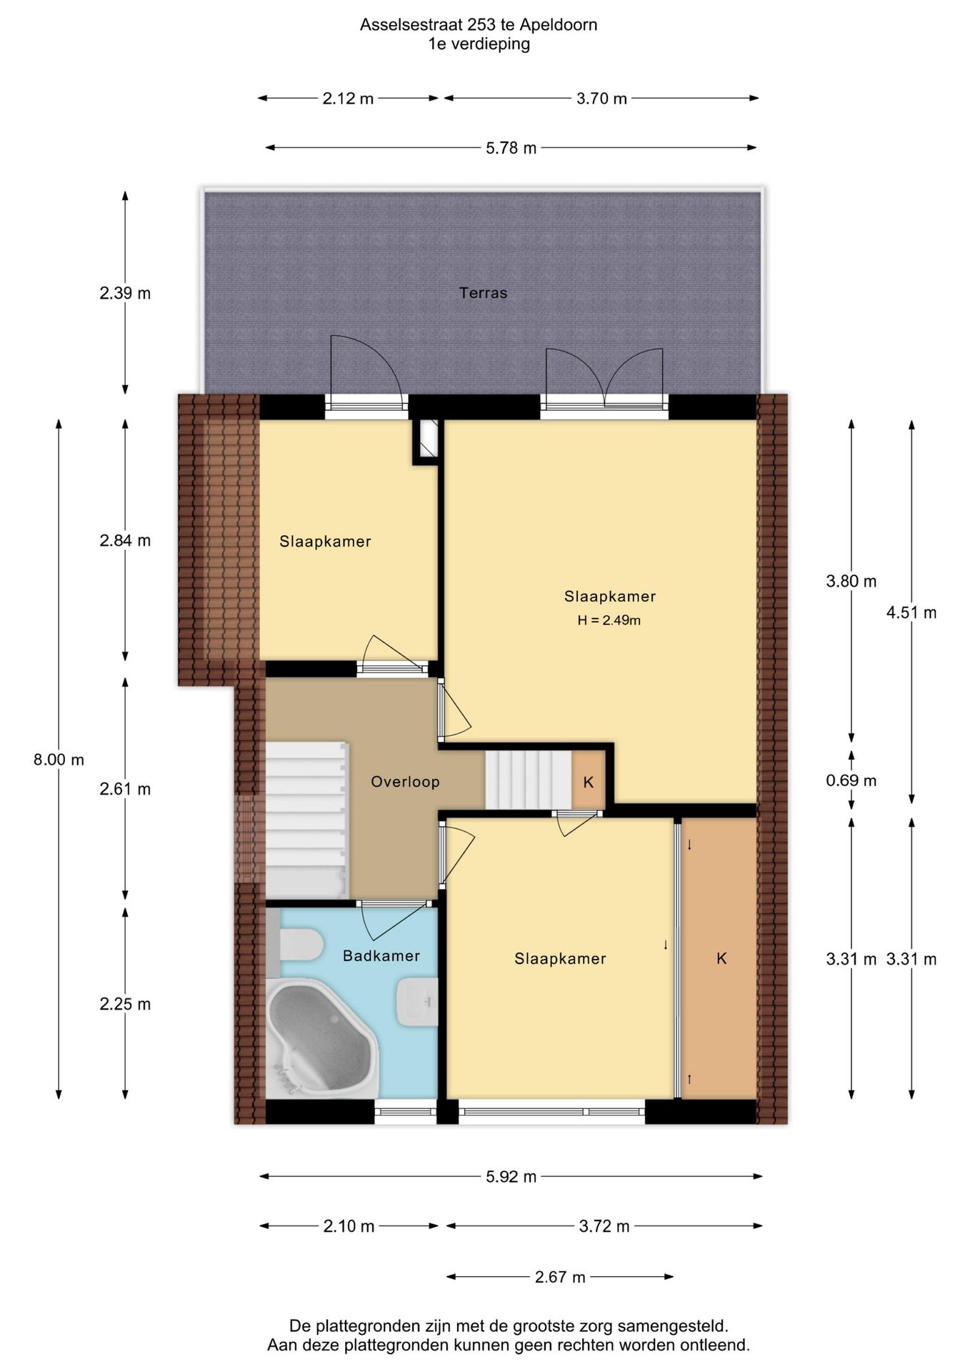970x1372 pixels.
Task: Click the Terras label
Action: pyautogui.click(x=483, y=293)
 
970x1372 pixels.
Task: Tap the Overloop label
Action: pyautogui.click(x=405, y=782)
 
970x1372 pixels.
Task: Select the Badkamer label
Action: pyautogui.click(x=381, y=956)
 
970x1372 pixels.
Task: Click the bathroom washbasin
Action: pyautogui.click(x=417, y=1002)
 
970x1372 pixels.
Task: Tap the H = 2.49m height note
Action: pyautogui.click(x=609, y=620)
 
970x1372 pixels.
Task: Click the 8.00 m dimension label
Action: pyautogui.click(x=59, y=760)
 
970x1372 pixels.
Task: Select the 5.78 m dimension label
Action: pyautogui.click(x=511, y=148)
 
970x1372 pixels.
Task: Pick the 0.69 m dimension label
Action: pyautogui.click(x=851, y=780)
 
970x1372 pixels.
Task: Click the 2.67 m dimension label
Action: pyautogui.click(x=560, y=1277)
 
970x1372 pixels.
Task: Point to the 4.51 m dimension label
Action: pyautogui.click(x=911, y=612)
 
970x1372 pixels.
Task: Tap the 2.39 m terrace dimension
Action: pyautogui.click(x=125, y=293)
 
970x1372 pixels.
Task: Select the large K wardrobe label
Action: pyautogui.click(x=721, y=959)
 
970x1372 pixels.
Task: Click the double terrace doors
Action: pyautogui.click(x=604, y=379)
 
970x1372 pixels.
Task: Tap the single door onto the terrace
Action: pyautogui.click(x=366, y=375)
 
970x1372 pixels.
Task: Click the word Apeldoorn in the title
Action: pyautogui.click(x=559, y=25)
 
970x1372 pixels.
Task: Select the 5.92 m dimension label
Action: pyautogui.click(x=511, y=1177)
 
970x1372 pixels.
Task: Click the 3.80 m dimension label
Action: pyautogui.click(x=851, y=582)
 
